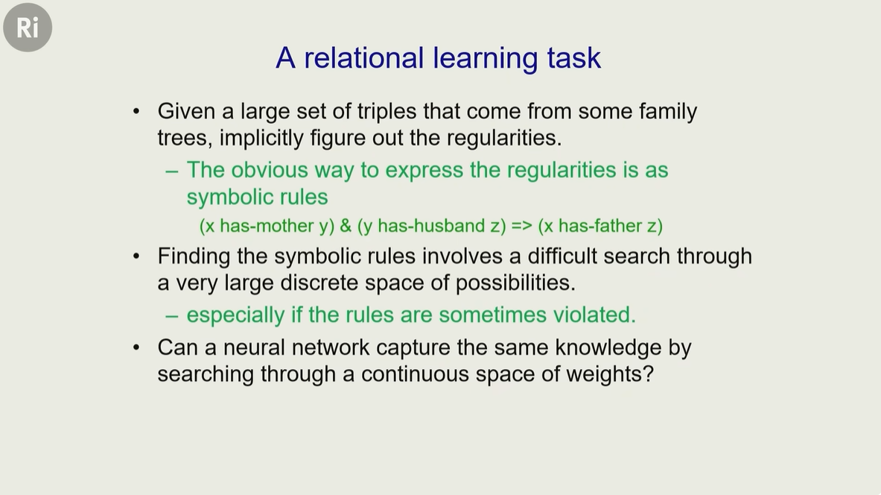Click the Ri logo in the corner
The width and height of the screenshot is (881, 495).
pyautogui.click(x=28, y=27)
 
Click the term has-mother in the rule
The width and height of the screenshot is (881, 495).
pyautogui.click(x=267, y=226)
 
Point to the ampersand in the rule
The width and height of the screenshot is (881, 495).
pyautogui.click(x=346, y=226)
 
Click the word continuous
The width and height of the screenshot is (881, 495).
pyautogui.click(x=415, y=374)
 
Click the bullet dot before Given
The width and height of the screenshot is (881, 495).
pyautogui.click(x=136, y=111)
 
